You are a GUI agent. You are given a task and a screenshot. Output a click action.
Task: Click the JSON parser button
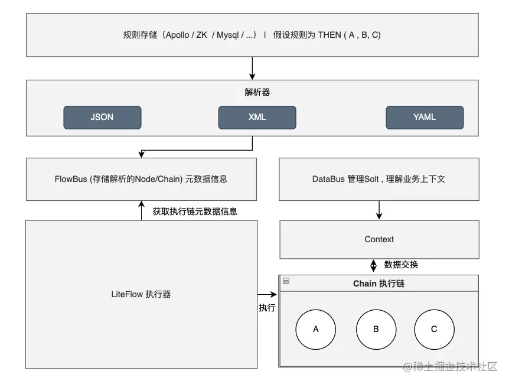pyautogui.click(x=102, y=118)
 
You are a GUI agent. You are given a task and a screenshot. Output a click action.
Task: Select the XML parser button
pyautogui.click(x=257, y=118)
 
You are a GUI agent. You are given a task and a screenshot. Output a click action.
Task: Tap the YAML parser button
pyautogui.click(x=425, y=118)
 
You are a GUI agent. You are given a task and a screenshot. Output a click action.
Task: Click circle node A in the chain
pyautogui.click(x=315, y=330)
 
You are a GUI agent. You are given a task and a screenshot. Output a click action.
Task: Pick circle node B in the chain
pyautogui.click(x=376, y=330)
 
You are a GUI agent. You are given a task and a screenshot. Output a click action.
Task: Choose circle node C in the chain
pyautogui.click(x=435, y=330)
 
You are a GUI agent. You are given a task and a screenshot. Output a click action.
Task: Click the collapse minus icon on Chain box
pyautogui.click(x=286, y=281)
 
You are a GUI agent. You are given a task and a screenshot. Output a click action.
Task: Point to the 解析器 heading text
pyautogui.click(x=257, y=92)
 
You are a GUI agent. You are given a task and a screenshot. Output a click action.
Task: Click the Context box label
pyautogui.click(x=379, y=239)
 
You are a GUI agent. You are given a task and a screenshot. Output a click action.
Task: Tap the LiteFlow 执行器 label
pyautogui.click(x=141, y=294)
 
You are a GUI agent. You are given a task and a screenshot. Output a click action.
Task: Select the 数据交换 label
pyautogui.click(x=401, y=265)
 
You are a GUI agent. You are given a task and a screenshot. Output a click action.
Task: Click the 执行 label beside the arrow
pyautogui.click(x=267, y=308)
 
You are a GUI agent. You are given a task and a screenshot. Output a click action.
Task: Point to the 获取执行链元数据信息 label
pyautogui.click(x=195, y=211)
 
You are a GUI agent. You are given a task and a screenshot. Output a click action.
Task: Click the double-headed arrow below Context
pyautogui.click(x=374, y=266)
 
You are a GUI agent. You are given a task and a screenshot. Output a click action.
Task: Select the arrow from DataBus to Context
pyautogui.click(x=379, y=210)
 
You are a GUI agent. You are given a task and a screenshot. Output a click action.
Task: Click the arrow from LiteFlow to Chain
pyautogui.click(x=267, y=294)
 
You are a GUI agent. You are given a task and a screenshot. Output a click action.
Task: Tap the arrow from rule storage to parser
pyautogui.click(x=252, y=68)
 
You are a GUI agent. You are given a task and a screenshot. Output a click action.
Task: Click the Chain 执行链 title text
pyautogui.click(x=379, y=284)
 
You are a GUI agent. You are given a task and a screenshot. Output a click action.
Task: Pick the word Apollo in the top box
pyautogui.click(x=178, y=35)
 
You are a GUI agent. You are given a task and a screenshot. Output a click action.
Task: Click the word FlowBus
pyautogui.click(x=71, y=179)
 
